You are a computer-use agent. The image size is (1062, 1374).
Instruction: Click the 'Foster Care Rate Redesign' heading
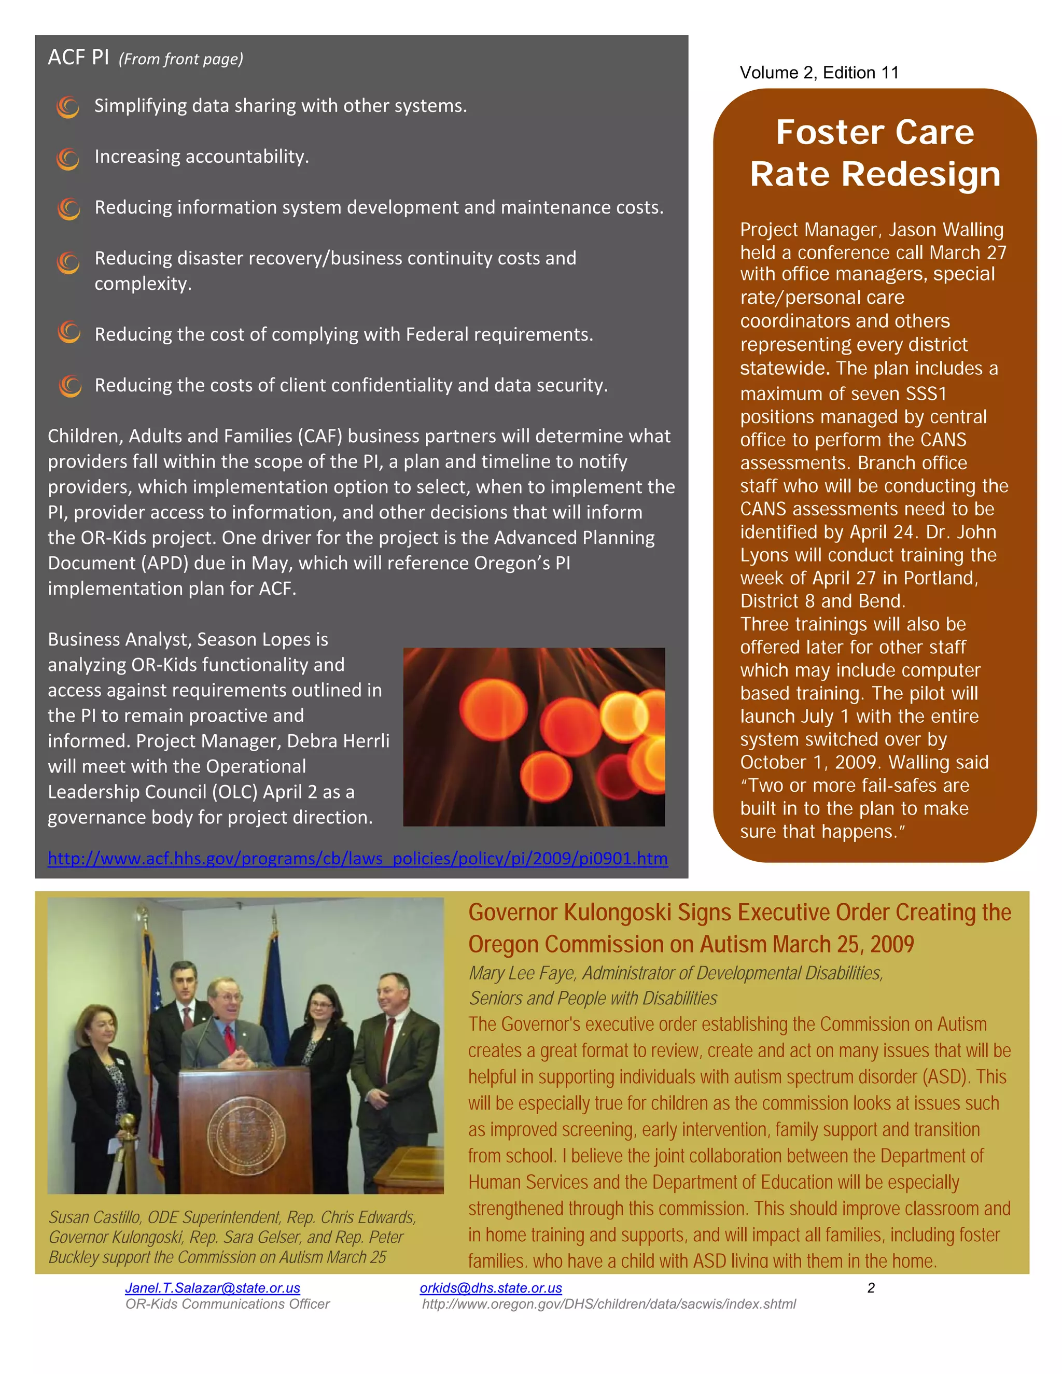click(874, 153)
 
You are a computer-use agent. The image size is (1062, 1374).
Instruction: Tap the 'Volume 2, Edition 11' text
click(819, 73)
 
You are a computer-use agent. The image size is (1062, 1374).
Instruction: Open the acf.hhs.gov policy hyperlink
click(357, 858)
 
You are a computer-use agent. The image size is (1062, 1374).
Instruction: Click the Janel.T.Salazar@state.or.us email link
click(213, 1288)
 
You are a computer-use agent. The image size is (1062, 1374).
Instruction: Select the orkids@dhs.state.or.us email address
click(491, 1288)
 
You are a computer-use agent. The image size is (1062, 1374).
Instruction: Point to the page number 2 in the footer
click(871, 1288)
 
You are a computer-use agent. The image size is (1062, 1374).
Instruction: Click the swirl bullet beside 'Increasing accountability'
click(68, 158)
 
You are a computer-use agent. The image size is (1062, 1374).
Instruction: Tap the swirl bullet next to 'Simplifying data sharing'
click(68, 107)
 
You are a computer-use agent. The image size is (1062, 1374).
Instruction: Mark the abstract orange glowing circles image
click(534, 737)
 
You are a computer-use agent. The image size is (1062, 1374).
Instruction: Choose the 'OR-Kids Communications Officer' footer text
click(227, 1303)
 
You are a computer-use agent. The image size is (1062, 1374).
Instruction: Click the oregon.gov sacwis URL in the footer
click(608, 1303)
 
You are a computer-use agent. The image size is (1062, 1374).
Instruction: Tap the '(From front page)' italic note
click(180, 59)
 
